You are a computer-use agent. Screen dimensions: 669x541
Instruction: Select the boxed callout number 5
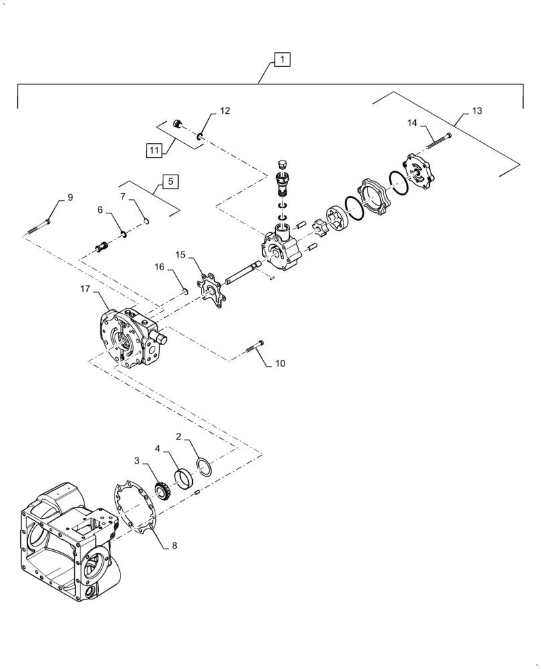pos(170,181)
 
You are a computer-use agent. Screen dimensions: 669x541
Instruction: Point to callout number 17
pos(85,289)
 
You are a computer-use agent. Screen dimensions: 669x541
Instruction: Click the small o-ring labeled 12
pos(200,137)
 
